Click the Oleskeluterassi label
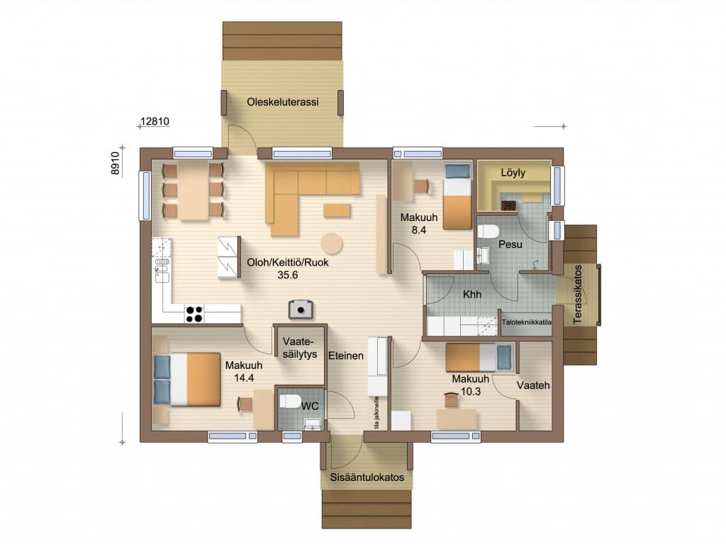point(282,102)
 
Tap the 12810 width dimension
point(155,121)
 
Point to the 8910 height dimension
point(115,164)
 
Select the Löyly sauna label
point(513,173)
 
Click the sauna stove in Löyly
point(508,205)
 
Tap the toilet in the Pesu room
point(488,231)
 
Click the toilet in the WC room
point(290,401)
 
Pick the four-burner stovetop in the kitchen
point(194,314)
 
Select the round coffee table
point(332,244)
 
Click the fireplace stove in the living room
point(301,310)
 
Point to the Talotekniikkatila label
point(527,322)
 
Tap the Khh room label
point(472,294)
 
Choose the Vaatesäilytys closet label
point(300,348)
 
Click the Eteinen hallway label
point(346,356)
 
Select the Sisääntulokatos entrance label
point(367,477)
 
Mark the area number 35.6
point(288,276)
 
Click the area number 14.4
point(244,378)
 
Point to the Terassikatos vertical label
point(577,295)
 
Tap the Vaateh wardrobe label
point(533,385)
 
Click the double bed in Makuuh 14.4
point(186,380)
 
